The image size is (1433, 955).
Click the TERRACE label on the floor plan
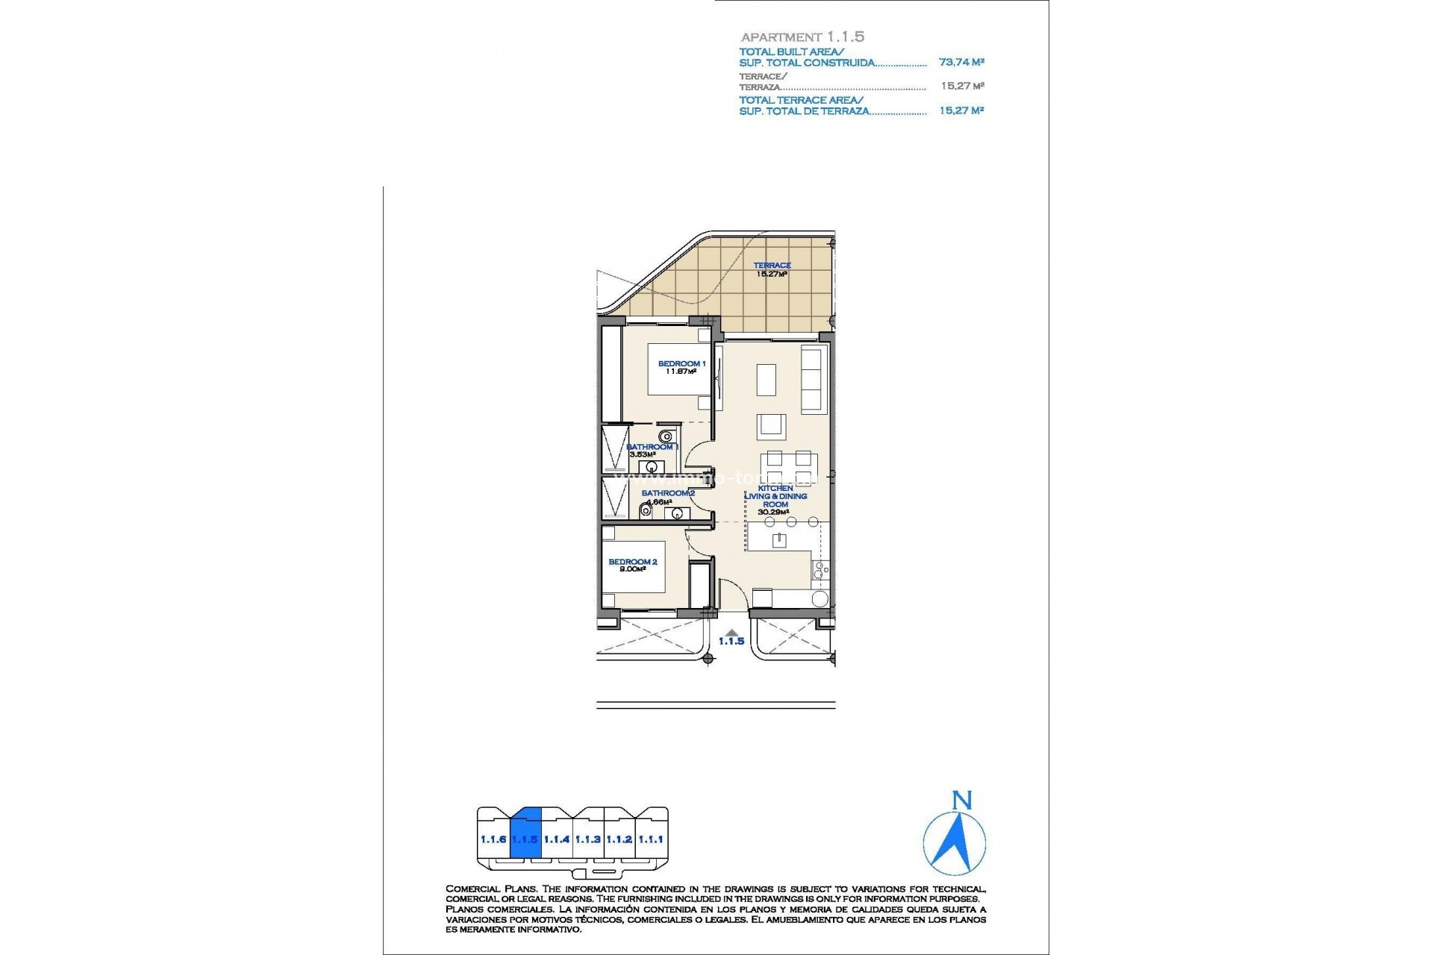772,266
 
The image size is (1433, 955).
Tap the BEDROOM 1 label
681,364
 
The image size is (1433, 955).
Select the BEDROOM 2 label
632,562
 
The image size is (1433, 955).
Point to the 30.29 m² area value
774,513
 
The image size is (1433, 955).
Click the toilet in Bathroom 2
645,512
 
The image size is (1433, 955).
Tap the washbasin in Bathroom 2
677,513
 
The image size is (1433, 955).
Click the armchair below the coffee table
771,427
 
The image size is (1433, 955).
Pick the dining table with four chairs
788,469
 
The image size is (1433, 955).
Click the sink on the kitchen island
779,540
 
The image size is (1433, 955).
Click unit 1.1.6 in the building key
493,839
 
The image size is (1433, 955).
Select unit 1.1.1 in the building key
651,839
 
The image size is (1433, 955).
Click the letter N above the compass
962,801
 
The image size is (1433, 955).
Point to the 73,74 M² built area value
961,63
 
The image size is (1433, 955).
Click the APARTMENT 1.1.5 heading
802,37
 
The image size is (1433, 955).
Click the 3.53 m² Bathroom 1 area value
643,454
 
